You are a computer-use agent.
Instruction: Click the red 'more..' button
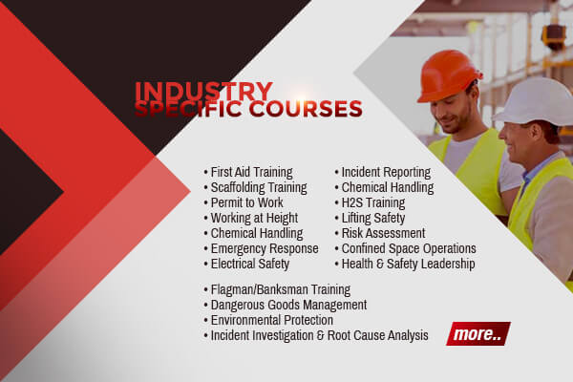478,333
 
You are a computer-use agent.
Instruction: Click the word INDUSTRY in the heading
204,91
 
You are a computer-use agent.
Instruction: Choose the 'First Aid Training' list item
251,172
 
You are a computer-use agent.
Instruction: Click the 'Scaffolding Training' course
259,187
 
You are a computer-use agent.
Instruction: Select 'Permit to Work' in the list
246,202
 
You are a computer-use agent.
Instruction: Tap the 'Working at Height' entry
254,219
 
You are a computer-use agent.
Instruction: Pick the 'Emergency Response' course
265,248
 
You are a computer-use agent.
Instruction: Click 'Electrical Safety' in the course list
250,264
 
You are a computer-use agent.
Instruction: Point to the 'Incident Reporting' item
386,172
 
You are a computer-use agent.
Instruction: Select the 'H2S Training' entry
373,202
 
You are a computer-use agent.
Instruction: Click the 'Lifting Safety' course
373,219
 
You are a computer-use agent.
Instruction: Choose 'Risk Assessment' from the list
383,233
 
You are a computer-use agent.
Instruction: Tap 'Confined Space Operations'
409,248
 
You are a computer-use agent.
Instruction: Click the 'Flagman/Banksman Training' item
280,289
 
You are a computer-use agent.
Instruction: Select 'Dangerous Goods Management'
288,305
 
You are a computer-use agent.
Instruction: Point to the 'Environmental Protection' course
272,320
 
